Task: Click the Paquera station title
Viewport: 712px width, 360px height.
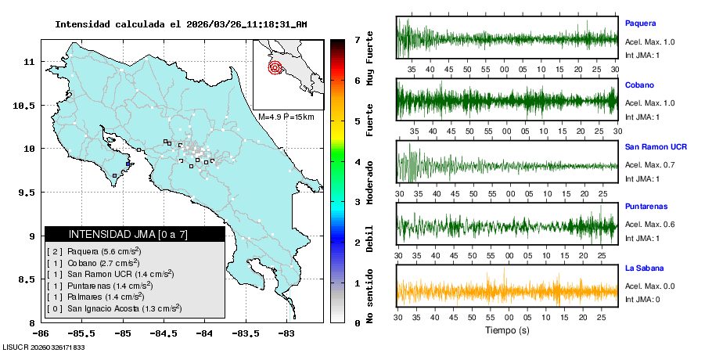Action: (x=640, y=23)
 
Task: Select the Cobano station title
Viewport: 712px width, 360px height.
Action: (x=639, y=85)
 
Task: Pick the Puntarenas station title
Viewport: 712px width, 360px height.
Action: (x=645, y=207)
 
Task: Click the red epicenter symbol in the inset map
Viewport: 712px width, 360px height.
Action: (x=275, y=67)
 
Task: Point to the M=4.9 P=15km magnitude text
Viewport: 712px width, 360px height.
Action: (x=286, y=117)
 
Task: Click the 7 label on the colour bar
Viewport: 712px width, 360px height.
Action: (x=357, y=39)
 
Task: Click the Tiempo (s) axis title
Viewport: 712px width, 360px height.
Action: (x=508, y=330)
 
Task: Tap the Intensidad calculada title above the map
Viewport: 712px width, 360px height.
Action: (x=180, y=24)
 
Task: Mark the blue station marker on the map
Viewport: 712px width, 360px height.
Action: (x=128, y=164)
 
